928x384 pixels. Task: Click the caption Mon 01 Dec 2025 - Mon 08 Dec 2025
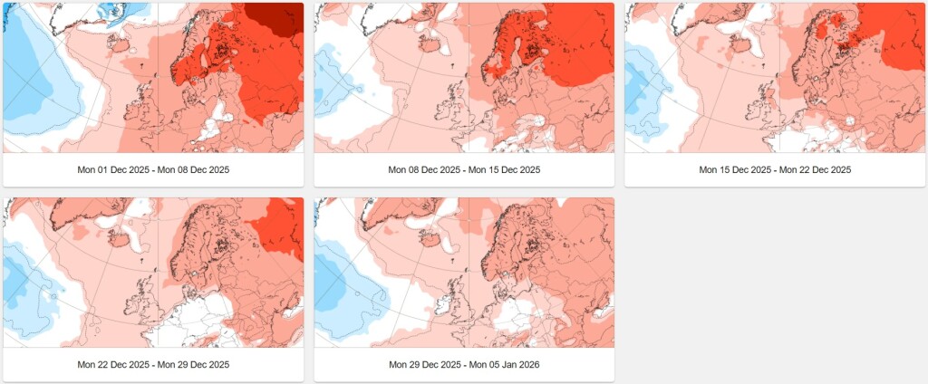(x=153, y=170)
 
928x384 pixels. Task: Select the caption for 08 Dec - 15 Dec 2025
(x=464, y=170)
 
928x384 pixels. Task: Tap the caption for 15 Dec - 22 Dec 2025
(x=775, y=170)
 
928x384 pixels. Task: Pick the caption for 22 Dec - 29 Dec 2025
(x=153, y=364)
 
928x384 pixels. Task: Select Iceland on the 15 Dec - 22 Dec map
(x=740, y=43)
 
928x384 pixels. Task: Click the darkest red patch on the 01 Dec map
(x=276, y=18)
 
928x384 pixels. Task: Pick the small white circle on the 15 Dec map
(x=850, y=120)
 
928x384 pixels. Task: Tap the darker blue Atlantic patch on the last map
(x=333, y=284)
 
